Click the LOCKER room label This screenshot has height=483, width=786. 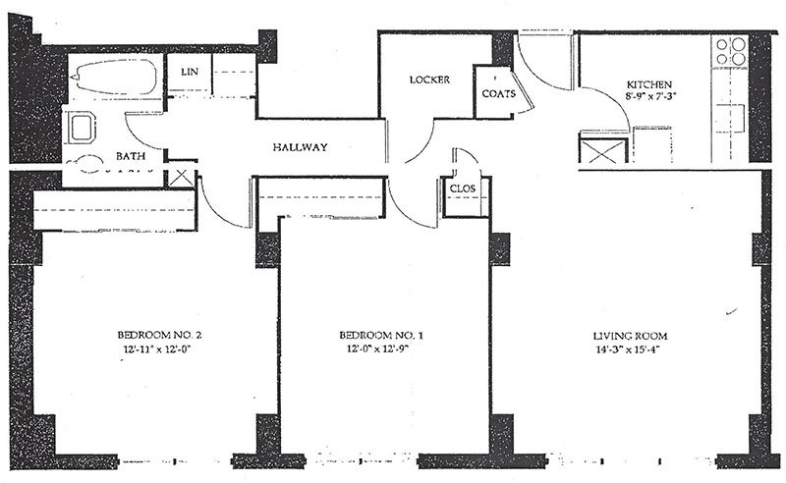[429, 80]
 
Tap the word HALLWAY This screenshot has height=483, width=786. [301, 147]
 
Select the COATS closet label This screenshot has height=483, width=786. [499, 93]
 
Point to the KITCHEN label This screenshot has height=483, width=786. [649, 84]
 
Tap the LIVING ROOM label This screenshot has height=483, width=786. [630, 336]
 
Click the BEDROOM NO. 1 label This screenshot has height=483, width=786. [381, 335]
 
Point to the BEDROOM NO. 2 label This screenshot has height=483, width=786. [159, 335]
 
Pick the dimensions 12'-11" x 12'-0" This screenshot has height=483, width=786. [157, 349]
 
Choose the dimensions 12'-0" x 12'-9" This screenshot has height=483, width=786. [377, 349]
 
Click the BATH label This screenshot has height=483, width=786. [131, 156]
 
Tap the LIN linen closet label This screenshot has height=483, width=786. [190, 72]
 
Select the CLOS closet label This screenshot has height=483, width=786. [462, 188]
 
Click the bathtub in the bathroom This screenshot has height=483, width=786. [114, 77]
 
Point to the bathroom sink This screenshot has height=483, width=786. [80, 128]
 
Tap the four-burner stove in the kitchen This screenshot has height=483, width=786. [730, 51]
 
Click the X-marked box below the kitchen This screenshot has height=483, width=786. [603, 151]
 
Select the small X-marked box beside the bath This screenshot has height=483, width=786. [180, 179]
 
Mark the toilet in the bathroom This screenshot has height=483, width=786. [85, 163]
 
